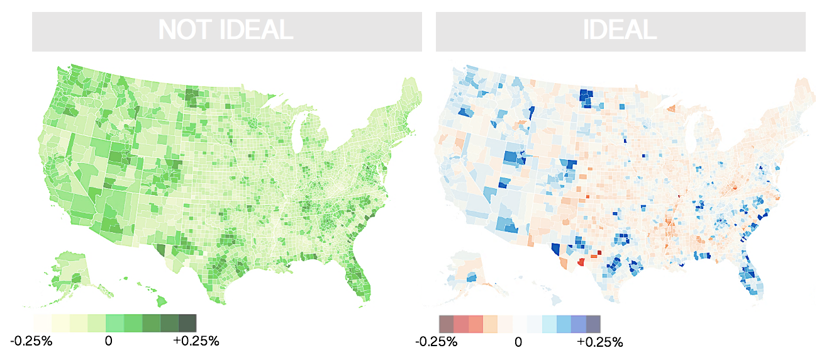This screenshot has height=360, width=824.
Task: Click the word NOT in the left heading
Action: coord(185,30)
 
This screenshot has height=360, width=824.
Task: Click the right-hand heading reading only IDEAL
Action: coord(620,30)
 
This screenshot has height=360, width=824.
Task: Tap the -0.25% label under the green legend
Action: coord(31,341)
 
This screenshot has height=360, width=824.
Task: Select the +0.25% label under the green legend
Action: coord(196,341)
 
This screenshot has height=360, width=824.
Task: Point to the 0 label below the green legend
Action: coord(108,341)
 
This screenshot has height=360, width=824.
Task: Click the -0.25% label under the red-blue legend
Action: coord(437,342)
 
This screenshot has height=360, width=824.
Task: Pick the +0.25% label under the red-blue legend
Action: coord(600,342)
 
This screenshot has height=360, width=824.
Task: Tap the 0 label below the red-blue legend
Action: coord(518,342)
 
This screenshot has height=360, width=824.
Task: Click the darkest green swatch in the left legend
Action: coord(187,323)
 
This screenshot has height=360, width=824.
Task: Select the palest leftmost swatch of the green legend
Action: coord(42,323)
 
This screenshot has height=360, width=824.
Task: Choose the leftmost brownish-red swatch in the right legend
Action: coord(446,324)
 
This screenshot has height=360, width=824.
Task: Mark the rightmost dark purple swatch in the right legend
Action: coord(593,324)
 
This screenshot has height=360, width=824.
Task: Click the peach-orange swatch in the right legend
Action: coord(490,324)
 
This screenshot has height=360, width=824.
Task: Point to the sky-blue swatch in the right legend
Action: coord(564,324)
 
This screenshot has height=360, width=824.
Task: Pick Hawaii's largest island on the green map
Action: coord(161,301)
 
